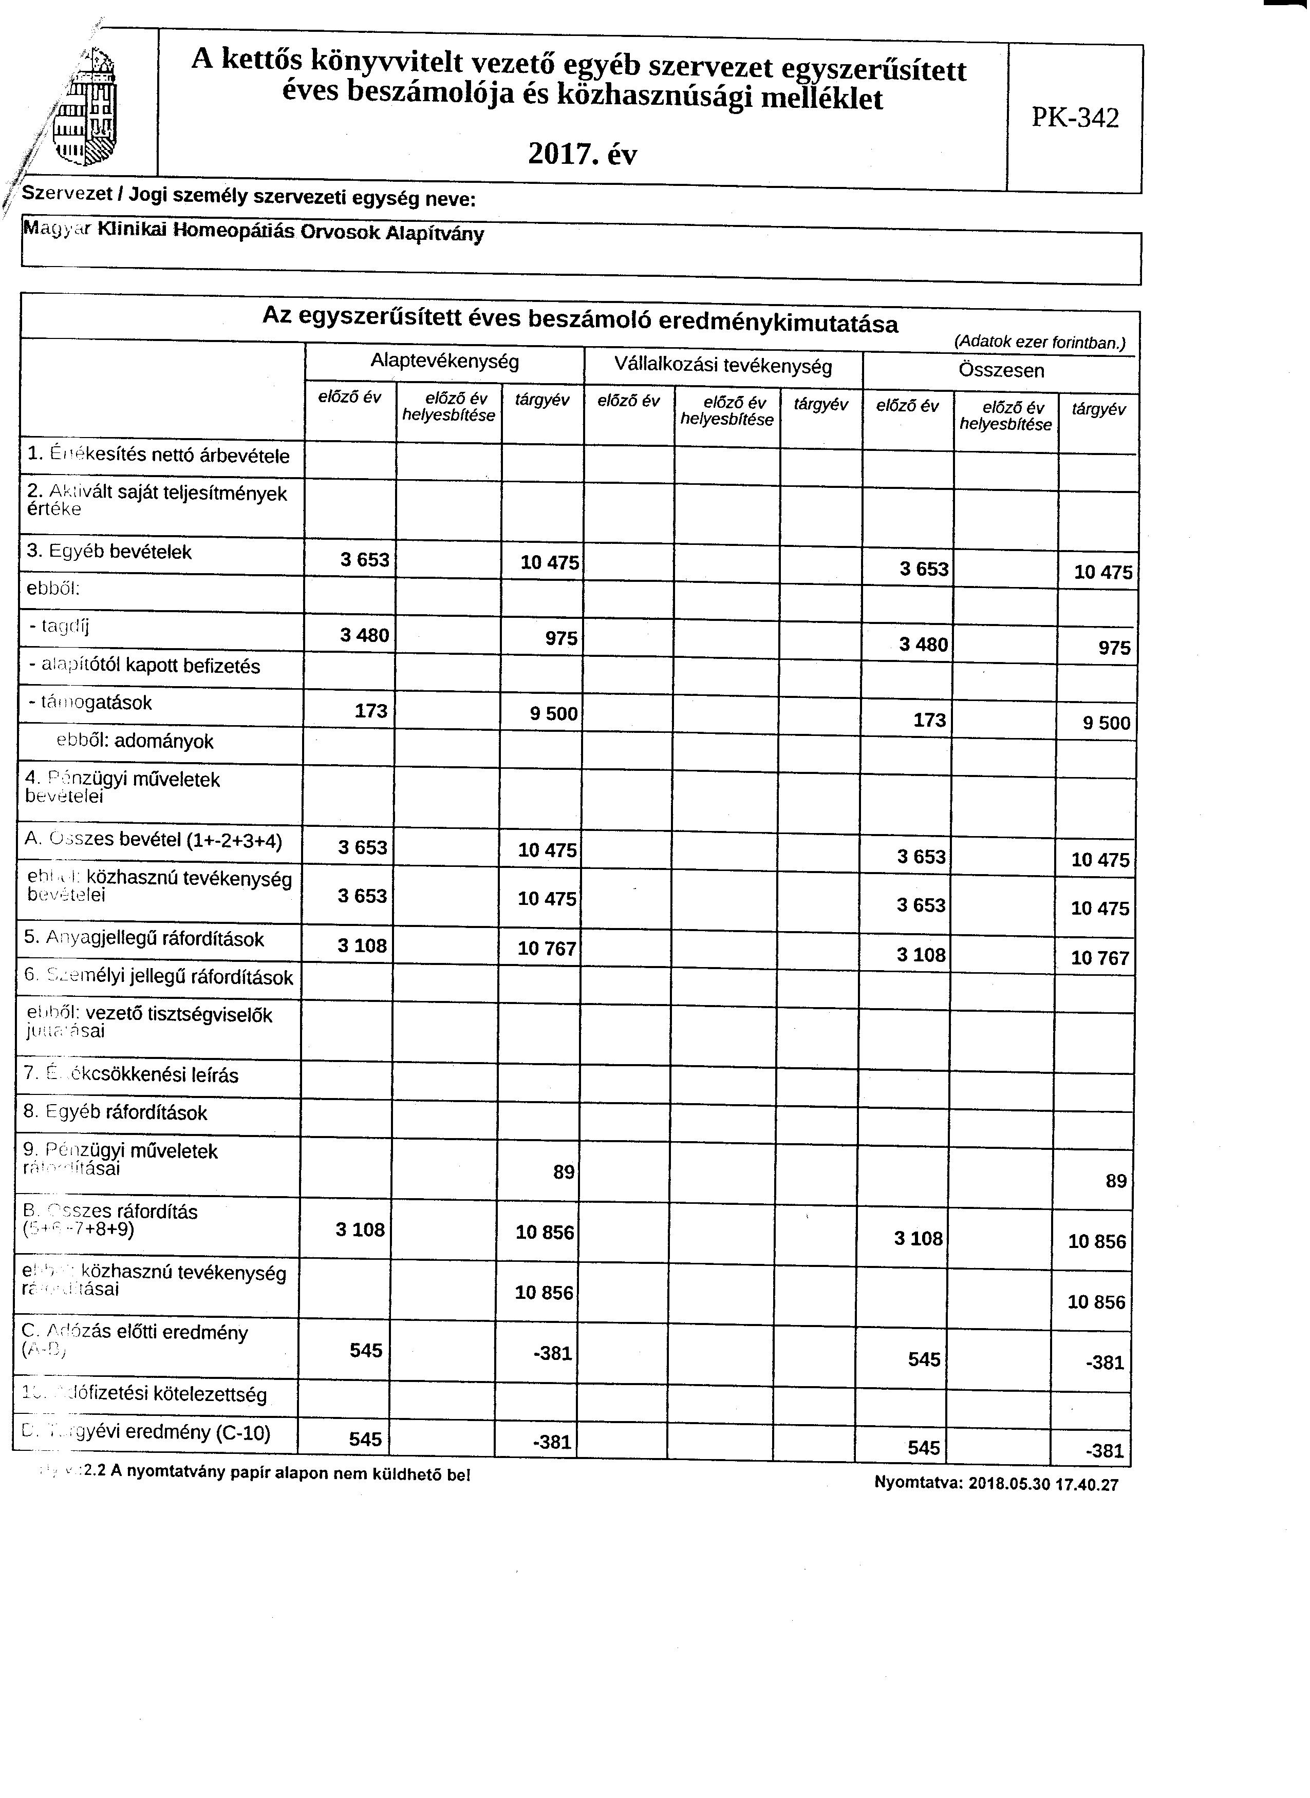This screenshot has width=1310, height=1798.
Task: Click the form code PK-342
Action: [x=1075, y=118]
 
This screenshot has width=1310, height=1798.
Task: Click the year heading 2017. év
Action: [x=582, y=154]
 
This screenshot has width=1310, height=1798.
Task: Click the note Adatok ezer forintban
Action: [x=1040, y=343]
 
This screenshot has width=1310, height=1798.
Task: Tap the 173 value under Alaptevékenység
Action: [x=370, y=710]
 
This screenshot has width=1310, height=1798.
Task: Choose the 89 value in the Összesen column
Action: [x=1116, y=1181]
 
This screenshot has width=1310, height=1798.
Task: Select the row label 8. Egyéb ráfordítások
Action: [x=116, y=1112]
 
